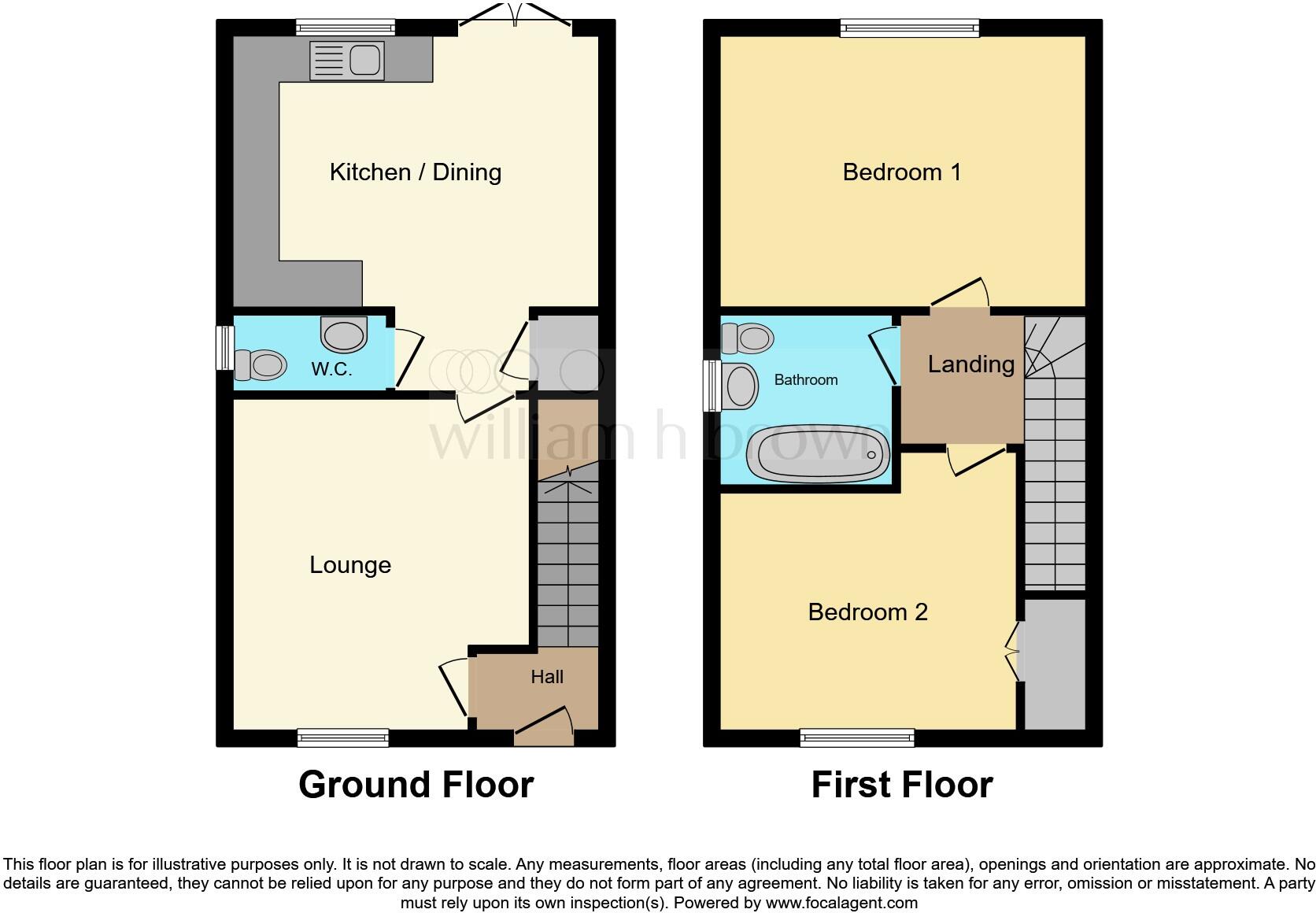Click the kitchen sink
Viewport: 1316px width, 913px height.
[347, 61]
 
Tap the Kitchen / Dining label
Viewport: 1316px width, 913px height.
[415, 172]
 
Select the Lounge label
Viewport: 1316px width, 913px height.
[350, 565]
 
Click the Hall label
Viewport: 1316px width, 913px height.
[547, 677]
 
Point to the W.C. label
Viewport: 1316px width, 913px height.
[331, 369]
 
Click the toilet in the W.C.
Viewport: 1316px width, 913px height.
[260, 365]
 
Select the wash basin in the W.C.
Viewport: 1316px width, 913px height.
[344, 335]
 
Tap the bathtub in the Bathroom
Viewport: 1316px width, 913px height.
[819, 455]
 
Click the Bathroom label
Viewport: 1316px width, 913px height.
[806, 380]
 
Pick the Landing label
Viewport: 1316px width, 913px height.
[970, 364]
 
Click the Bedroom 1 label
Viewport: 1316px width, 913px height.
[902, 172]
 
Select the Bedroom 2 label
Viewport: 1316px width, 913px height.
[867, 612]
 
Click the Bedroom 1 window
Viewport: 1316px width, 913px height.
[910, 29]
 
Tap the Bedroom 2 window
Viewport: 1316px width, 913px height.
[857, 738]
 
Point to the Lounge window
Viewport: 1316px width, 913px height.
[343, 738]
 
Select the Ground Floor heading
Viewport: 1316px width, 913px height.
[416, 785]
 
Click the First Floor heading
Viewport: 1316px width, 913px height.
[902, 785]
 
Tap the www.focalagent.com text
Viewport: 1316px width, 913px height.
[841, 903]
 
